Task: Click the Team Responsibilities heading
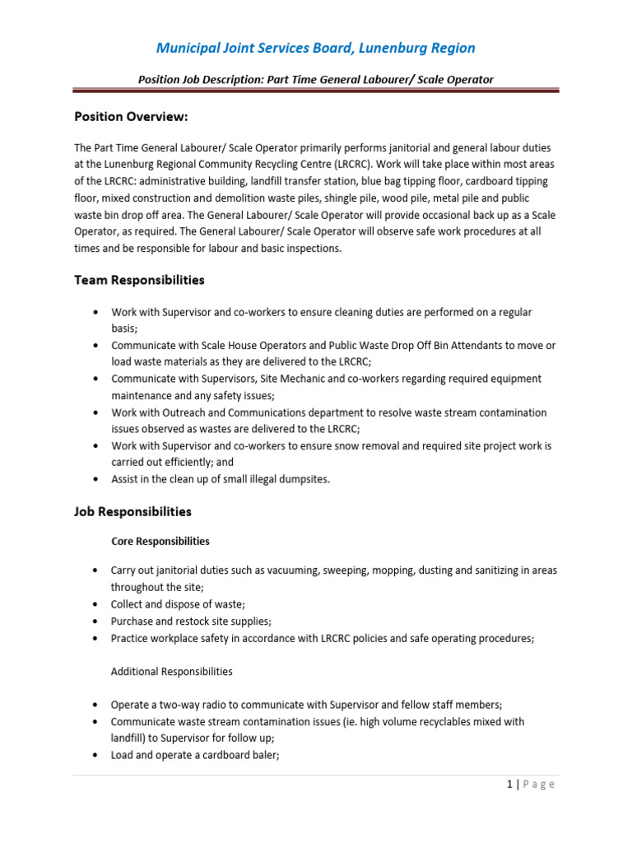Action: click(x=139, y=280)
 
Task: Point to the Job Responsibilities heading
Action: click(x=132, y=511)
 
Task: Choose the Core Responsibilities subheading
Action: click(x=160, y=541)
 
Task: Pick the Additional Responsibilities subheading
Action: click(x=171, y=671)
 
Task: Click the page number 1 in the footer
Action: click(x=509, y=785)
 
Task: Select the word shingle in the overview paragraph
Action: click(x=389, y=198)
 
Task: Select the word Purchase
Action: click(x=133, y=621)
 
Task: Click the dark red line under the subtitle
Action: click(x=316, y=91)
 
